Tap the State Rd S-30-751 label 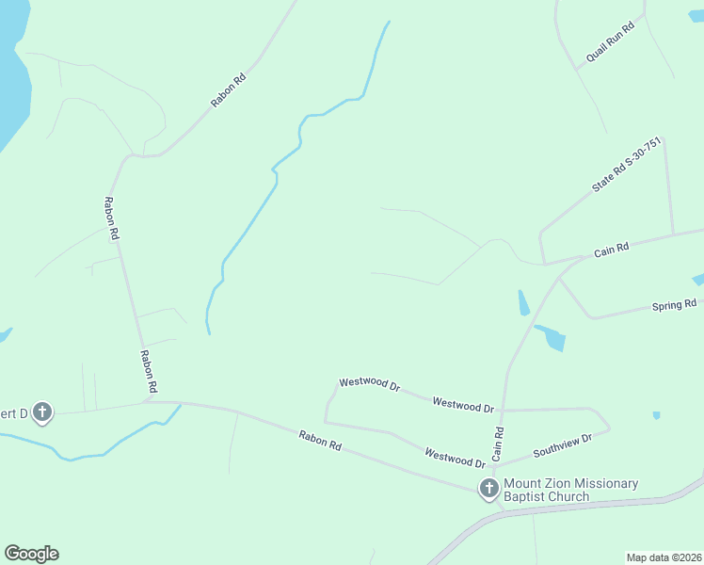[x=627, y=166]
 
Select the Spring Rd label [x=675, y=305]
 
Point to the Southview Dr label [x=562, y=445]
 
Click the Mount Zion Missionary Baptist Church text [x=570, y=490]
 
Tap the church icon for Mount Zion [x=488, y=488]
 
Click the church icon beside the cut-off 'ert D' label [x=41, y=412]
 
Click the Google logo [x=31, y=554]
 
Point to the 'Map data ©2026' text [x=664, y=557]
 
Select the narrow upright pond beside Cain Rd [x=523, y=303]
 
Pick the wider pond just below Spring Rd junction [x=552, y=337]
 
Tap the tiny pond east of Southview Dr [x=656, y=414]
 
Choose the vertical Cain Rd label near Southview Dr [x=499, y=441]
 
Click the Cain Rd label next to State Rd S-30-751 [x=611, y=250]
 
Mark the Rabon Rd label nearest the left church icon [x=149, y=371]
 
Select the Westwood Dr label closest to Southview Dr [x=455, y=458]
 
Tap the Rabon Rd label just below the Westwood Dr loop [x=320, y=440]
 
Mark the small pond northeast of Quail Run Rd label [x=696, y=16]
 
